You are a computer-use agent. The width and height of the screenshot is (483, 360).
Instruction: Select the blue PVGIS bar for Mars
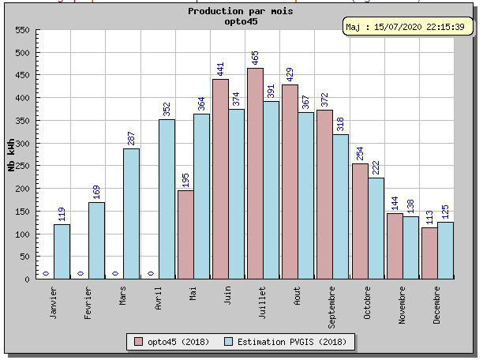point(131,213)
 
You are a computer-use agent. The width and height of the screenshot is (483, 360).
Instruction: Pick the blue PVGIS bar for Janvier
point(62,251)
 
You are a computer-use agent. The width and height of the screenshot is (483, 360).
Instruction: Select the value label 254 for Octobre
point(359,152)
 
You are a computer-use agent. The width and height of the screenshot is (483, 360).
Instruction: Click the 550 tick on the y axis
point(22,30)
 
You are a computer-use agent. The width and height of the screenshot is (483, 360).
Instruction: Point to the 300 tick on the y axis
point(22,144)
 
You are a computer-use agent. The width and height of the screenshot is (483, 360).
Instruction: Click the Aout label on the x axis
point(298,295)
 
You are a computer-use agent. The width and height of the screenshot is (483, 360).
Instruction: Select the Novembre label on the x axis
point(402,305)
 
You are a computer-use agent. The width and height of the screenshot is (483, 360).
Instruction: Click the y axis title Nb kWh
point(11,155)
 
